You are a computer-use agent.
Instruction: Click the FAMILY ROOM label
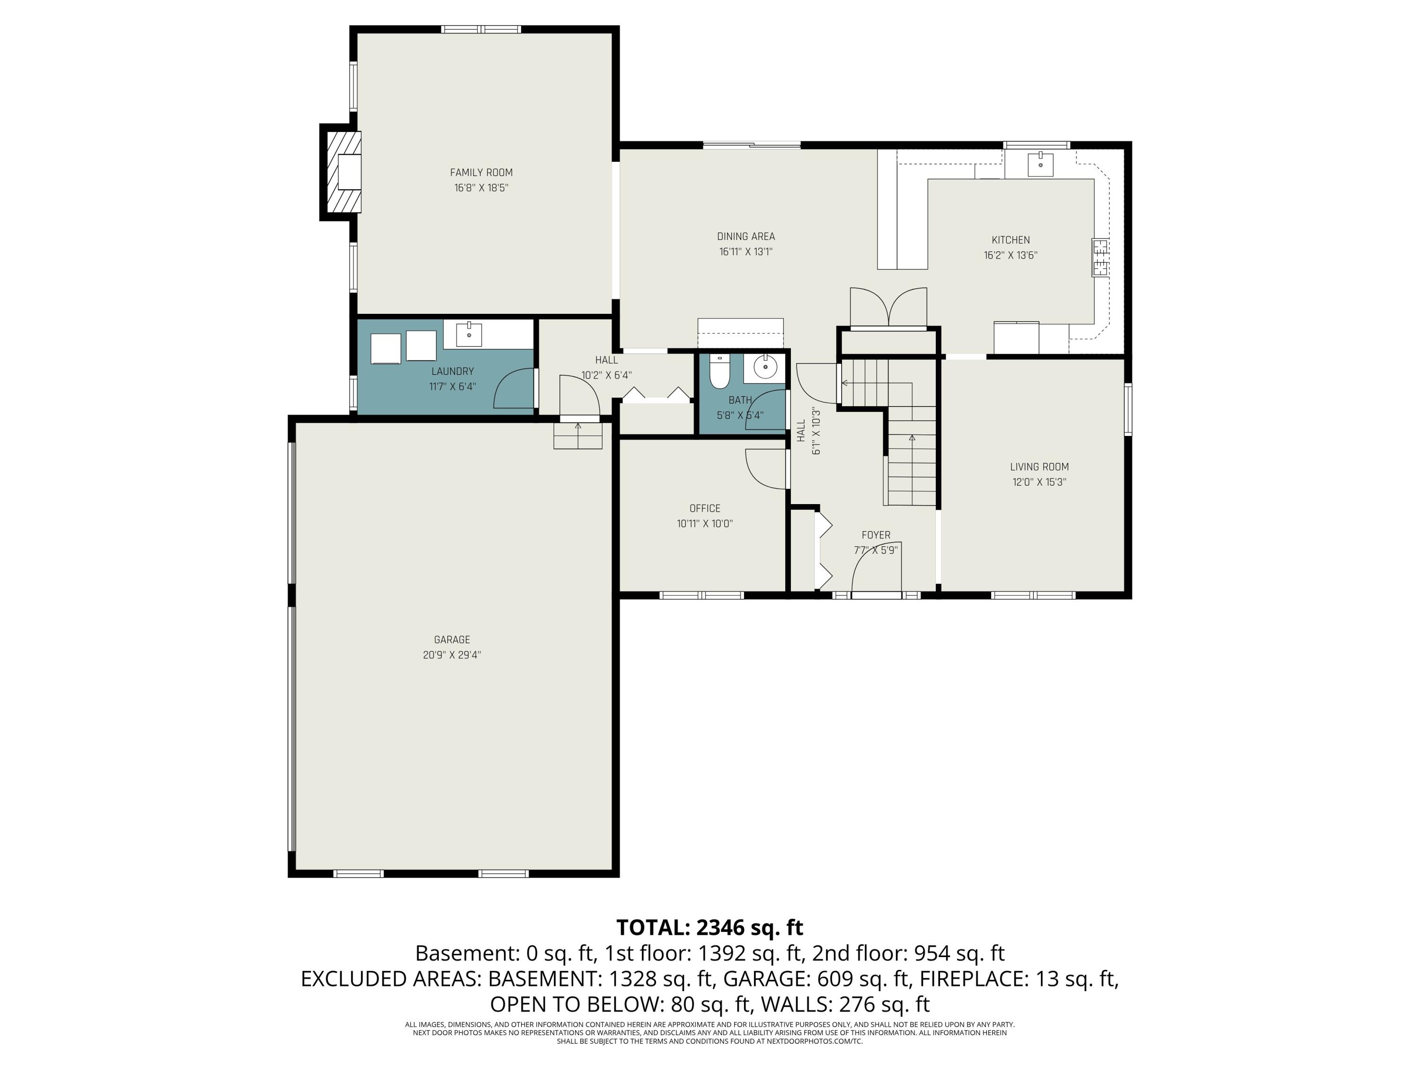tap(481, 172)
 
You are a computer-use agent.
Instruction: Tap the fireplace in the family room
tap(344, 172)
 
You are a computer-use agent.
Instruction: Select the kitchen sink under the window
tap(1040, 164)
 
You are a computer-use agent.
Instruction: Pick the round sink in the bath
tap(765, 367)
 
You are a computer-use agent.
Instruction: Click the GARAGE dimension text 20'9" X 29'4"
tap(452, 655)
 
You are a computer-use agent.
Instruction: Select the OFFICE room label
tap(705, 508)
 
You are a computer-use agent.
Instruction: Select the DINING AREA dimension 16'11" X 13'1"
tap(745, 252)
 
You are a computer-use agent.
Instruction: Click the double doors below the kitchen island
tap(888, 308)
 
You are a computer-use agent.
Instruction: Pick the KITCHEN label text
tap(1011, 240)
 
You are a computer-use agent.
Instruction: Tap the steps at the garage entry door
tap(578, 435)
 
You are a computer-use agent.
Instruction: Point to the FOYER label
tap(876, 535)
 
